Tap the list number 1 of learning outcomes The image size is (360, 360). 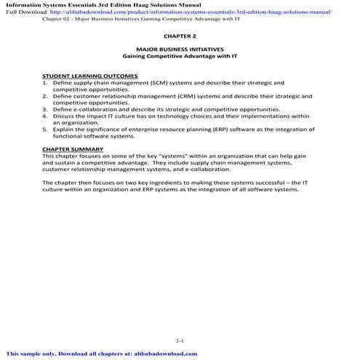(x=45, y=82)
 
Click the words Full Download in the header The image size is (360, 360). (x=24, y=12)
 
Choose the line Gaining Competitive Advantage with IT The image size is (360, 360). (x=180, y=57)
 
